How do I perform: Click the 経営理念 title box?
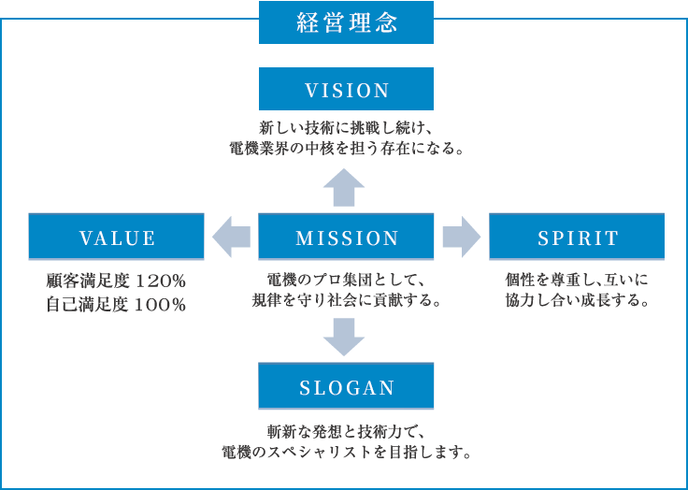pos(346,22)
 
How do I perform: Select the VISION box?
pos(346,89)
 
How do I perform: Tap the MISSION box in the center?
pos(346,237)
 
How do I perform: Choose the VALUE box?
pos(116,237)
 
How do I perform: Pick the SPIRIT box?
pos(577,237)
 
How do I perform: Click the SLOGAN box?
pos(346,386)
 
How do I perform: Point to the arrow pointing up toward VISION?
pos(344,187)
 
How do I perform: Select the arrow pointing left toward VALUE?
pos(231,237)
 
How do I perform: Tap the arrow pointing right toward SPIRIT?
pos(462,237)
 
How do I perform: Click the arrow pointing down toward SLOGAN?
pos(344,337)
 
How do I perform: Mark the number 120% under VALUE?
pos(160,281)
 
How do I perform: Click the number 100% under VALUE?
pos(160,305)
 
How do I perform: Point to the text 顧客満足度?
pos(88,281)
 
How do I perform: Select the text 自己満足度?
pos(88,305)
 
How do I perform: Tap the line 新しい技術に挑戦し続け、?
pos(346,129)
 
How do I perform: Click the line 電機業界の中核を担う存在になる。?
pos(347,149)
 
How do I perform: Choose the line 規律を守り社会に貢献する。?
pos(346,300)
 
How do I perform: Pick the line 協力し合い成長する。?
pos(577,300)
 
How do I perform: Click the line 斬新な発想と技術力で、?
pos(346,432)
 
